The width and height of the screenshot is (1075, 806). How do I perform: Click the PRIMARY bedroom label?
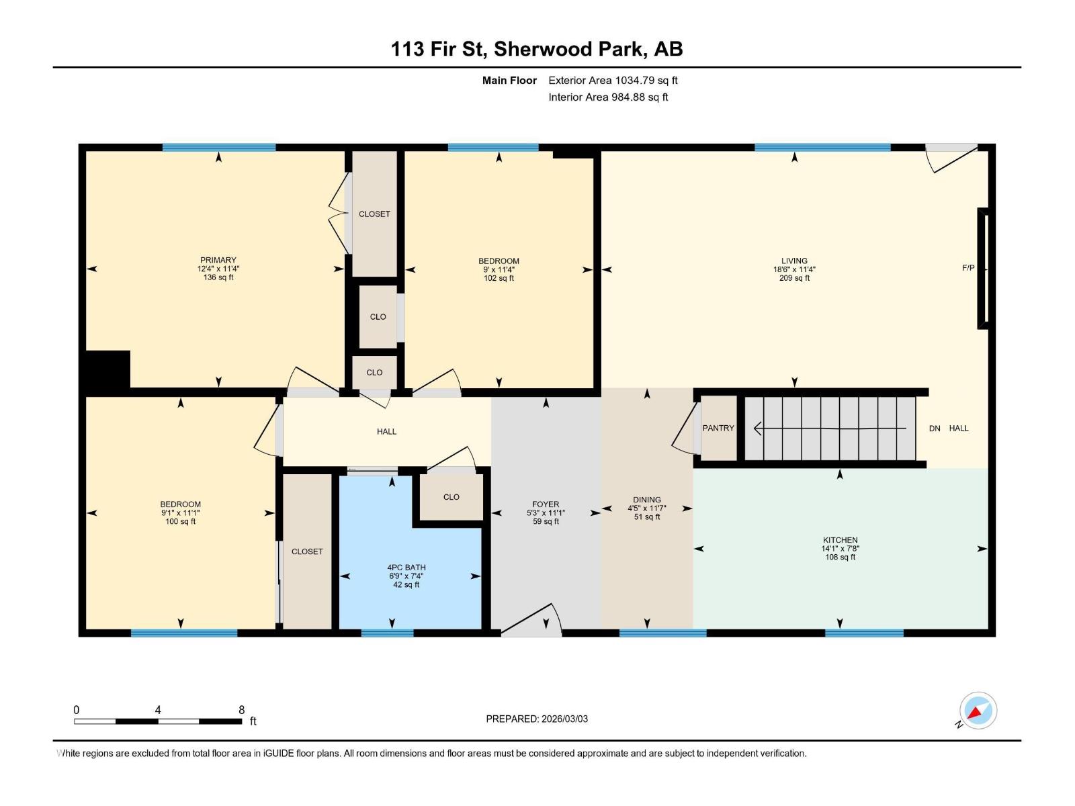click(218, 260)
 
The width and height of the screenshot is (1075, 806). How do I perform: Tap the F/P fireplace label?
click(967, 268)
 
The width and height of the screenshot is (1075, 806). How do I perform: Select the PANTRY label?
click(718, 428)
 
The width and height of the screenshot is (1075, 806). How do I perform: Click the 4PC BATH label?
click(406, 568)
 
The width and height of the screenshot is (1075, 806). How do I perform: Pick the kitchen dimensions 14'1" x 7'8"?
click(840, 549)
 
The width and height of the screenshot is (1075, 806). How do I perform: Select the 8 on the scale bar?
click(242, 710)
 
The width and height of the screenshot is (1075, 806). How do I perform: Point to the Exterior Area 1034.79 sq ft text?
click(613, 81)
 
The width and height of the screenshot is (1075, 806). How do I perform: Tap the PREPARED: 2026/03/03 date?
click(537, 719)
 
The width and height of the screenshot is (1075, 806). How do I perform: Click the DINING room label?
click(646, 500)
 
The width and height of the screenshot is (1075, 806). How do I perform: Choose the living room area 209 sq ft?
click(794, 278)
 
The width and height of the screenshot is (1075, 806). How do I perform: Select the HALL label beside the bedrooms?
click(386, 432)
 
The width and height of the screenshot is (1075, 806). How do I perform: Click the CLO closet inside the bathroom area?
click(451, 497)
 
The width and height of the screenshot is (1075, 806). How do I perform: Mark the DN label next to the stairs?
click(935, 429)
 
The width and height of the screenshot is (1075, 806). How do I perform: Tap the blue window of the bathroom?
click(387, 633)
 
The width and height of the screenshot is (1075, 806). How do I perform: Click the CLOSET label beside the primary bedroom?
click(374, 214)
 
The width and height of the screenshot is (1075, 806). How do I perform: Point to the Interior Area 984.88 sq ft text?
click(608, 97)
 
